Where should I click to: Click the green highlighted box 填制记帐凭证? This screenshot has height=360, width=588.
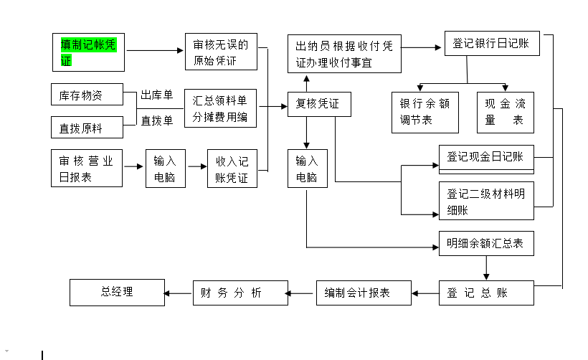[x=88, y=52]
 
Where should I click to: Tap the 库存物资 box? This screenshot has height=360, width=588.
[x=87, y=95]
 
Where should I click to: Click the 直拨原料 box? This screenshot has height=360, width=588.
[x=87, y=128]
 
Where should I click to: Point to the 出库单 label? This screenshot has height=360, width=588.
[x=156, y=95]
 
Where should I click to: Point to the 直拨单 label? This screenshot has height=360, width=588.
[x=156, y=120]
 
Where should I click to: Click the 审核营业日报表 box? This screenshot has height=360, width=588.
[x=87, y=169]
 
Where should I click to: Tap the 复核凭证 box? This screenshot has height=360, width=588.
[x=319, y=105]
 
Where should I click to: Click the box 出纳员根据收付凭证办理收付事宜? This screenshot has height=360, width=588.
[x=344, y=54]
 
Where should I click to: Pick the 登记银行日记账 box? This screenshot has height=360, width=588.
[x=491, y=44]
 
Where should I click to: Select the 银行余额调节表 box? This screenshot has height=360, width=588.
[x=425, y=112]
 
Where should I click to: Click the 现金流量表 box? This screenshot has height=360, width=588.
[x=505, y=112]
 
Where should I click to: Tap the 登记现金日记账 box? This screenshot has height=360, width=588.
[x=486, y=158]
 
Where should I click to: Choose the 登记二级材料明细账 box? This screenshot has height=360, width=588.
[x=486, y=201]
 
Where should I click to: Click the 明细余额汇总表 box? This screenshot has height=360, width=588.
[x=486, y=244]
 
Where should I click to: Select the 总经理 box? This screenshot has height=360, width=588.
[x=116, y=293]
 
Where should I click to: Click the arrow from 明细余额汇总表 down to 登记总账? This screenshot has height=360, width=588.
[x=486, y=268]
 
